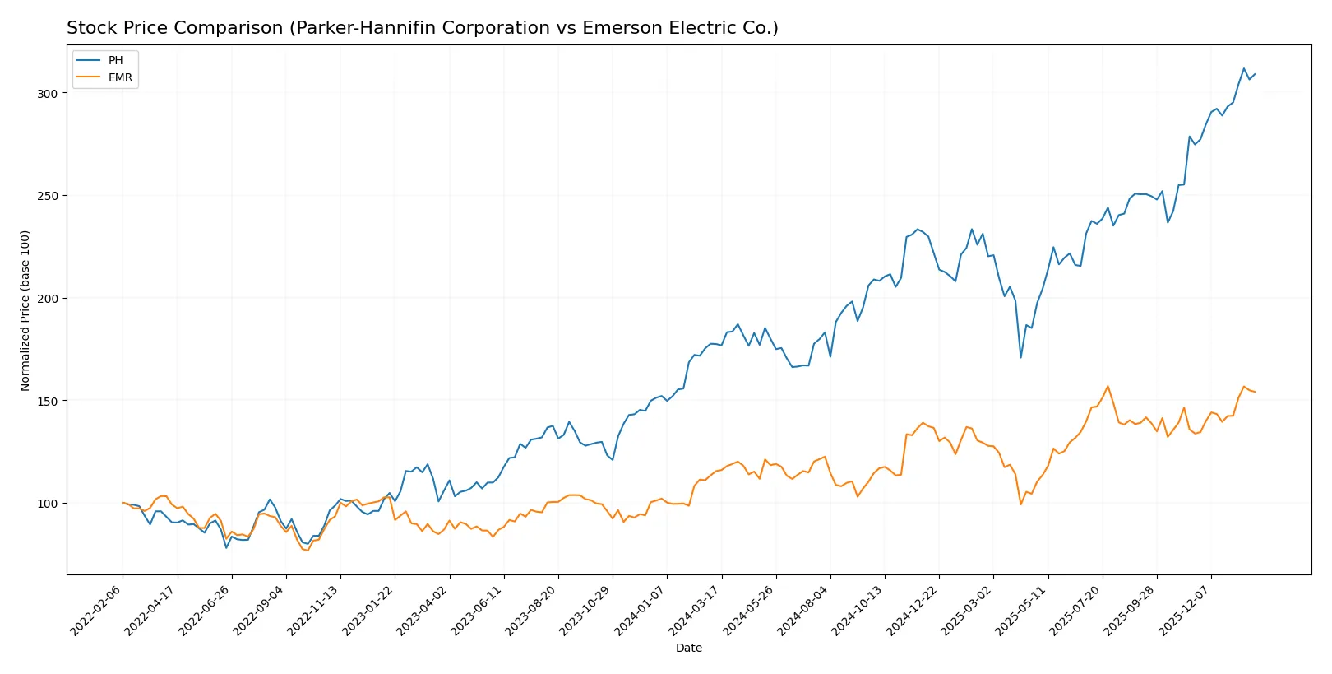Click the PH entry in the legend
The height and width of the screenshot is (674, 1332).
[115, 60]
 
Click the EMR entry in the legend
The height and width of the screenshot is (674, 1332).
[120, 77]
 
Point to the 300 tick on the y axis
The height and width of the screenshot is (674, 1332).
[48, 94]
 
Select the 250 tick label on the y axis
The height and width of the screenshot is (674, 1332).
[48, 196]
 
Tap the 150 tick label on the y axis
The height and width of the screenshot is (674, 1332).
[48, 401]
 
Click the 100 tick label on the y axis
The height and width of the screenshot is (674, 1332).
[48, 504]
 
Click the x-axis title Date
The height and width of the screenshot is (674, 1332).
[688, 648]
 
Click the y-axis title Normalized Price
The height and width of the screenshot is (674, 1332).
[25, 310]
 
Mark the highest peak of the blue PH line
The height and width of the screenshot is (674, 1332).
[1244, 68]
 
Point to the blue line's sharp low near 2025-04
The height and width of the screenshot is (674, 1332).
[1021, 357]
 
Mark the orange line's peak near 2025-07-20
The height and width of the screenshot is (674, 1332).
[1108, 386]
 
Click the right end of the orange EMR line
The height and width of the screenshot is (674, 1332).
[1255, 392]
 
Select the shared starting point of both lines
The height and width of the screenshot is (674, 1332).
[123, 503]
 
